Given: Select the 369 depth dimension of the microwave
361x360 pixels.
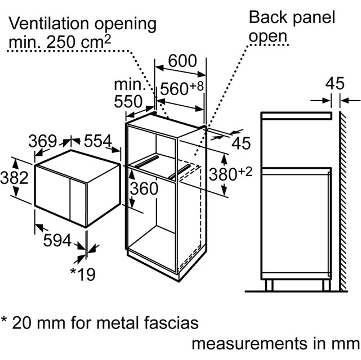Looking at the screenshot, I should click(x=42, y=141).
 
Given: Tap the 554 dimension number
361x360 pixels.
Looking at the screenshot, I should click(x=98, y=141).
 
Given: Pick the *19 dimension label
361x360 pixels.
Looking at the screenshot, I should click(x=82, y=274).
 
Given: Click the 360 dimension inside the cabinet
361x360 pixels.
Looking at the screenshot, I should click(x=144, y=189).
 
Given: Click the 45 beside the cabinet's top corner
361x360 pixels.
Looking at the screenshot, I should click(x=240, y=143).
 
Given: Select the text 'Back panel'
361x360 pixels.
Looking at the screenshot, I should click(x=292, y=16).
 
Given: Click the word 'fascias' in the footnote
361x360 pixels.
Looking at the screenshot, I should click(x=170, y=323).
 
